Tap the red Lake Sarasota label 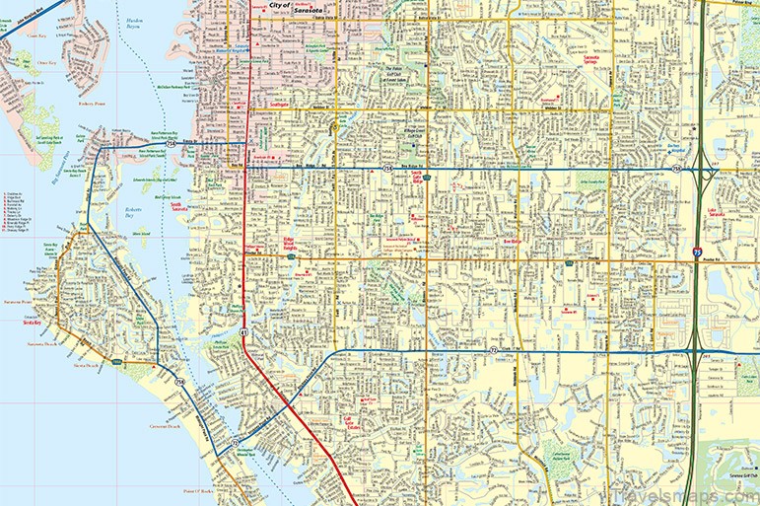click(724, 213)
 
